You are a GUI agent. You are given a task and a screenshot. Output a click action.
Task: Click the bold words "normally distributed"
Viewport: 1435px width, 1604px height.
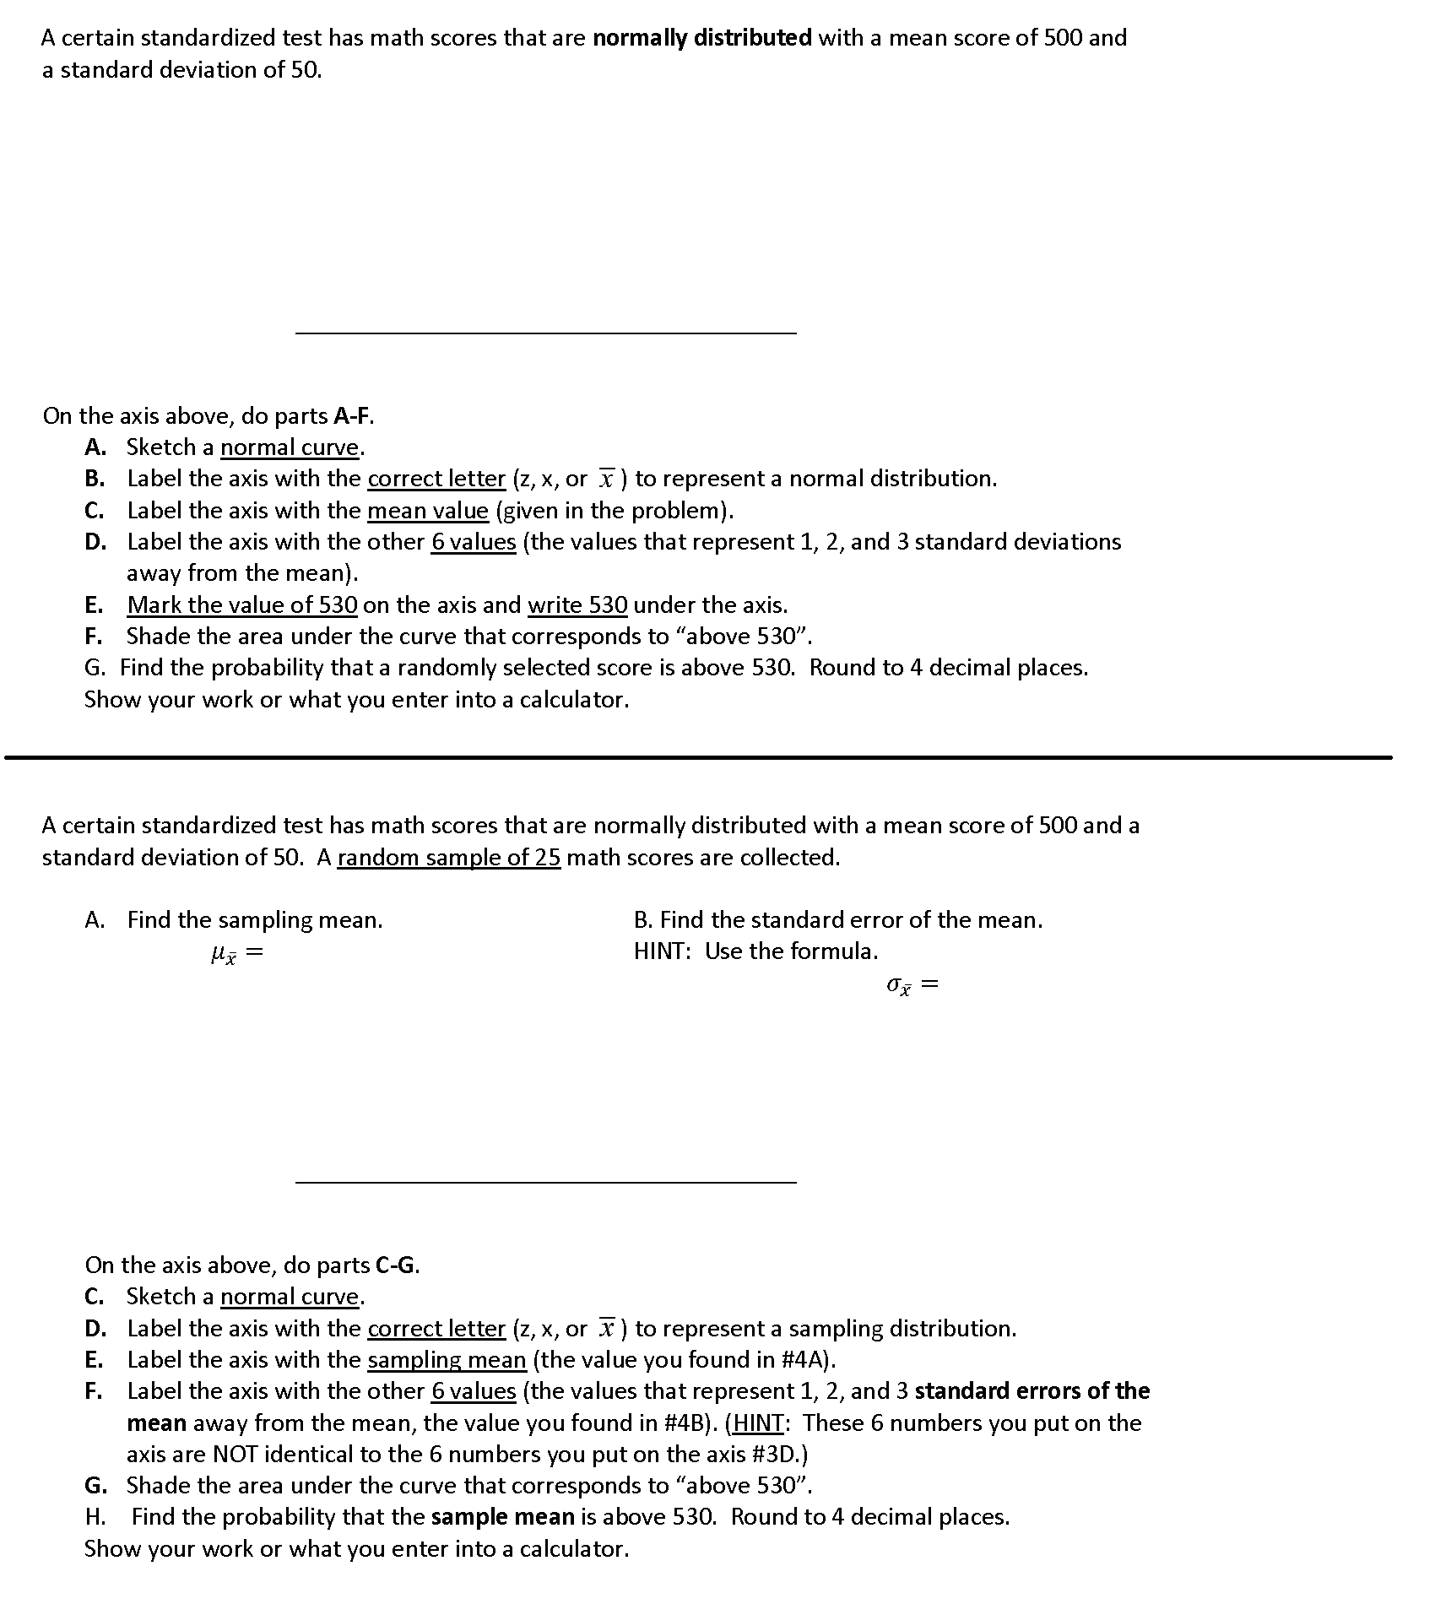point(701,38)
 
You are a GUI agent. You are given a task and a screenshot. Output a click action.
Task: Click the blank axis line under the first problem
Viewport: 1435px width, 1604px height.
point(545,333)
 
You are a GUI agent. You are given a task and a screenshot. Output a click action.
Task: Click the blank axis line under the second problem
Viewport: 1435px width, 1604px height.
point(545,1182)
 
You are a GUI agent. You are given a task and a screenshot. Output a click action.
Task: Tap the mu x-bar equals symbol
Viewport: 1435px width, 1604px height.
point(236,954)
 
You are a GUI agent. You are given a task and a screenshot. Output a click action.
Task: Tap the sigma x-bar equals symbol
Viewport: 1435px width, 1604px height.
point(912,985)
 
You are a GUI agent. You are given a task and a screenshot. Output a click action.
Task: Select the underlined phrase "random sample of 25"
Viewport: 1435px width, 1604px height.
point(448,858)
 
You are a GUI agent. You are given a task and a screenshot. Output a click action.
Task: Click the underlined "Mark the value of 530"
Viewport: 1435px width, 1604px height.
point(242,605)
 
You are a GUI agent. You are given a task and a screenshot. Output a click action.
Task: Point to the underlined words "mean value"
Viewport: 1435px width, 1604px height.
point(427,511)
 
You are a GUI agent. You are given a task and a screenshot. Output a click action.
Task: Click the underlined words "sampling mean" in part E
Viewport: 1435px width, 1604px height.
point(447,1360)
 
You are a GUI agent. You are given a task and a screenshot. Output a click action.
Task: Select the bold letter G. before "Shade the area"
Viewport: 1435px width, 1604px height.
point(95,1485)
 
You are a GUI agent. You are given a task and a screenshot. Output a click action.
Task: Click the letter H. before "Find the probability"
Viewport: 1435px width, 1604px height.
point(95,1517)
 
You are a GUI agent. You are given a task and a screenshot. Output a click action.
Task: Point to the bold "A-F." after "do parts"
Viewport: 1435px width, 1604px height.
point(354,416)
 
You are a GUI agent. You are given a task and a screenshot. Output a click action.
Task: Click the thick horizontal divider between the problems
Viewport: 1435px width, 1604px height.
point(697,757)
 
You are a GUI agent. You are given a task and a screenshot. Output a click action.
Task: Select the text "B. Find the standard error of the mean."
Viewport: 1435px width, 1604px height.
point(837,920)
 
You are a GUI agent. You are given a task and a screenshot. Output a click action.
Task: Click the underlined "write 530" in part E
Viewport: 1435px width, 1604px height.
point(577,605)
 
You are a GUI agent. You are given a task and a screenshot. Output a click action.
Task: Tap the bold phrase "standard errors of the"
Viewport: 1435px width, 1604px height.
point(1032,1391)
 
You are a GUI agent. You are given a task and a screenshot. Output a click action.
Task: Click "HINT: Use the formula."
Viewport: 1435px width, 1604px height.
point(755,951)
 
